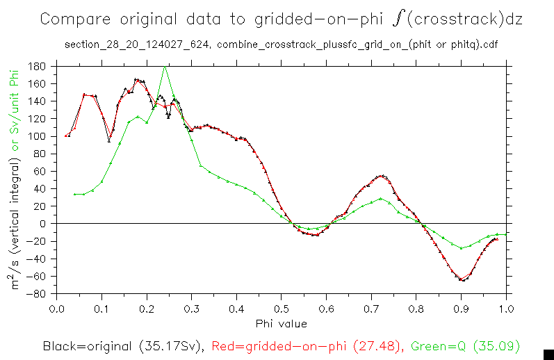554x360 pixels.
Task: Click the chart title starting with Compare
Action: [x=281, y=19]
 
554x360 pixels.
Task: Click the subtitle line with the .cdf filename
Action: [x=281, y=46]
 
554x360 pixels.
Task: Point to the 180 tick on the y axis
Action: [x=38, y=67]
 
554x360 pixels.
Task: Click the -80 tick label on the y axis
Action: [x=38, y=293]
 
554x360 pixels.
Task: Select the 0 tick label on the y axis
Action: [x=43, y=224]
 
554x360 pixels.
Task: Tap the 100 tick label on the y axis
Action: [x=38, y=136]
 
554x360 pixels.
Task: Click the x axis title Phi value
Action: [x=281, y=323]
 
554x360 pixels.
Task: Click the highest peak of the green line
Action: [x=165, y=67]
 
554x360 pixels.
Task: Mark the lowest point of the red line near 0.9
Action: [x=461, y=279]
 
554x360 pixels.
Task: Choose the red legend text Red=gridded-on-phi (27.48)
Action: [x=306, y=345]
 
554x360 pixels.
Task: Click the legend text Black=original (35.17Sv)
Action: [x=124, y=345]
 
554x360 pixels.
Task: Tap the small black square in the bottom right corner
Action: [x=548, y=353]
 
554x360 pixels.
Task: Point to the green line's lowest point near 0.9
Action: [x=461, y=248]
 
